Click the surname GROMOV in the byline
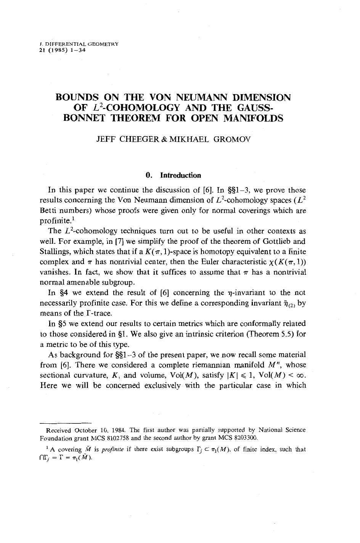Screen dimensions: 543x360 point(231,140)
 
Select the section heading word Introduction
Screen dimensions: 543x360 point(180,175)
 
